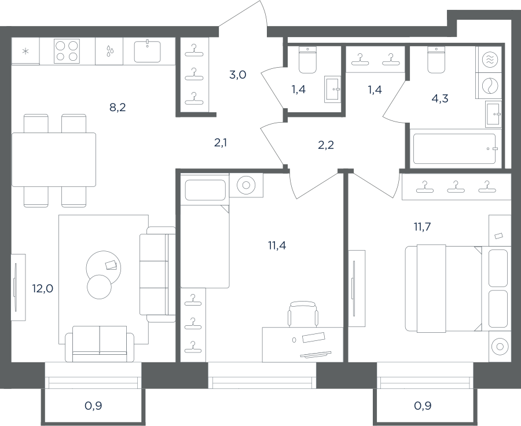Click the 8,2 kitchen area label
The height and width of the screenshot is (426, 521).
(118, 107)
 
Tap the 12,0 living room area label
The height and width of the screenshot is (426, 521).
(42, 288)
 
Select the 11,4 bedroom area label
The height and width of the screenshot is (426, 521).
(277, 245)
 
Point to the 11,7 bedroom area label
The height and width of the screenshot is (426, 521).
(423, 227)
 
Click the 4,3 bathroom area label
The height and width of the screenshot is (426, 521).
(441, 98)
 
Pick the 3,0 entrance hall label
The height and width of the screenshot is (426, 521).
(237, 75)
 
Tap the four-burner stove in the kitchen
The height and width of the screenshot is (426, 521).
(67, 51)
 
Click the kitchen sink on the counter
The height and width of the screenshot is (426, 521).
(147, 51)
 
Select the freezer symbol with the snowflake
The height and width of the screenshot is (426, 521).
(25, 52)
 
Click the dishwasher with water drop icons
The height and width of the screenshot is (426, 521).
(109, 51)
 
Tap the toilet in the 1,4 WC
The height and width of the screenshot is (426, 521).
(308, 60)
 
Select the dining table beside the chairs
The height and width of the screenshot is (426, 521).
(54, 160)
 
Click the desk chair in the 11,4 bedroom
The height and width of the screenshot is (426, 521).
(302, 314)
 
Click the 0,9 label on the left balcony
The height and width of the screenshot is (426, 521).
(93, 406)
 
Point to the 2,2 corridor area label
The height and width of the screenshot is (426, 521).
(325, 145)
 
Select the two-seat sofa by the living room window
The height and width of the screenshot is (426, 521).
(100, 344)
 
